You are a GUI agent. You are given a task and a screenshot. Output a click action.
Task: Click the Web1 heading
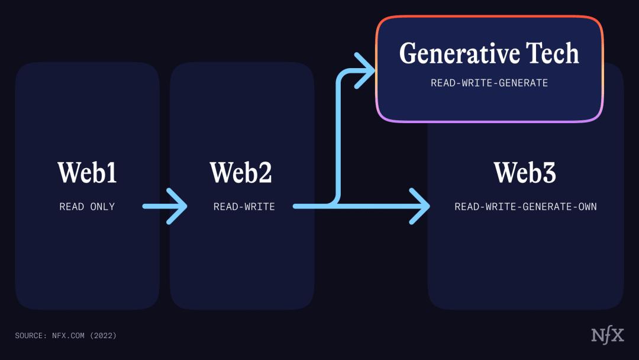88,172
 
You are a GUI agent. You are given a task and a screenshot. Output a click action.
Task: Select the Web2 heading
241,172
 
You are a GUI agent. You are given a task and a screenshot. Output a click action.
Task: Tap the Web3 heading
525,172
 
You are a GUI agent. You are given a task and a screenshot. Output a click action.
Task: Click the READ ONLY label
87,207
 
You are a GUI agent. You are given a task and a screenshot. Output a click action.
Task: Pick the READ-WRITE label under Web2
244,207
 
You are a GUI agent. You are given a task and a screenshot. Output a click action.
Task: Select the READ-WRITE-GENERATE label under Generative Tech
489,83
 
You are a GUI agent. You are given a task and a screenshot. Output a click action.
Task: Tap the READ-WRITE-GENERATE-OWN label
525,207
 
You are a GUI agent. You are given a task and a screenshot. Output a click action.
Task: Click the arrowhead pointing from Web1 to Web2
178,206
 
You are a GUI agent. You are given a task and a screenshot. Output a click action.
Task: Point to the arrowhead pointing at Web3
421,206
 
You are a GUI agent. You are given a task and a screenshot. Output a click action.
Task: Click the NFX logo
608,335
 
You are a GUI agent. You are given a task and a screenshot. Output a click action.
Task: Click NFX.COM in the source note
67,336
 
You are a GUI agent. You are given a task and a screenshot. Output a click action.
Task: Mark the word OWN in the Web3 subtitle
587,207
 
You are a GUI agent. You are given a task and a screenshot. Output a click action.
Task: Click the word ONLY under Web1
102,207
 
